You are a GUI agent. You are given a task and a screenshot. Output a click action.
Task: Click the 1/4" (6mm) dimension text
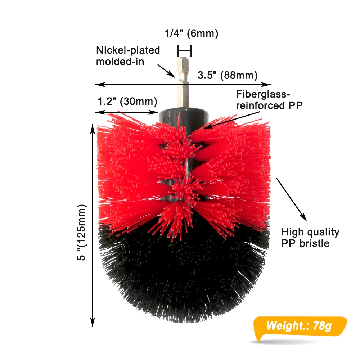click(192, 34)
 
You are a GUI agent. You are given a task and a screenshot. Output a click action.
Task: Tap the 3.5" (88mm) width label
click(228, 75)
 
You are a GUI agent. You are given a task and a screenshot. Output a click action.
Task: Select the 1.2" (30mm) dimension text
click(127, 102)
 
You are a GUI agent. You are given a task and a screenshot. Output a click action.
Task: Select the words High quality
click(310, 232)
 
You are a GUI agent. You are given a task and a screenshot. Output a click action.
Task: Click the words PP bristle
click(305, 243)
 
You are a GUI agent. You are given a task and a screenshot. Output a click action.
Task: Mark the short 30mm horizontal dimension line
click(127, 112)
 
